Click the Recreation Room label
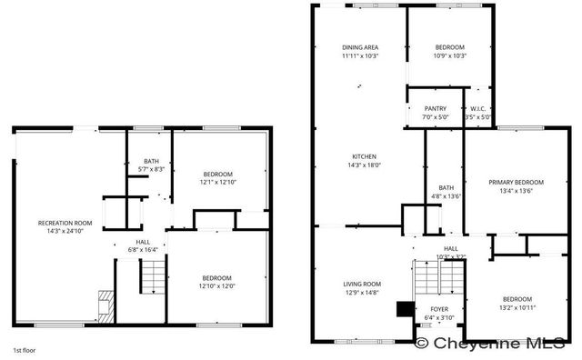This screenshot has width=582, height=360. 65,223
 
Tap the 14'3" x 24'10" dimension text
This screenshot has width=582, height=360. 65,231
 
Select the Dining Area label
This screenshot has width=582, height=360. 360,47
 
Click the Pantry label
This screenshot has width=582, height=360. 435,108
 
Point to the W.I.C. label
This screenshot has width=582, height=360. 478,108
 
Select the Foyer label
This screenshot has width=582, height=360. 439,309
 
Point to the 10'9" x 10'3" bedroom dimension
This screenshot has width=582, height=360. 449,55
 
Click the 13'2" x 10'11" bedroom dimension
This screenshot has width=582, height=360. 517,306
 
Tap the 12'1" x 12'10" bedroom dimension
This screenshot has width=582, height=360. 217,182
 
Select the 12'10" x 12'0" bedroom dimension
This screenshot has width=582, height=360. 216,285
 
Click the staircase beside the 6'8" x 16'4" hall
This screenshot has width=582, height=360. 151,275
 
